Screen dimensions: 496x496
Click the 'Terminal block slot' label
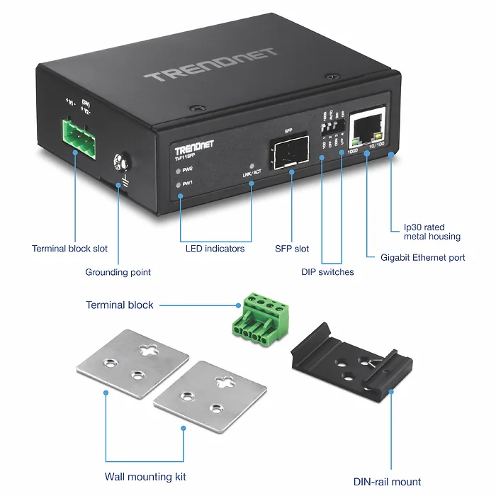69,249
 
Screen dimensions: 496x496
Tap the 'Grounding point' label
118,272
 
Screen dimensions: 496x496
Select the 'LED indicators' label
215,249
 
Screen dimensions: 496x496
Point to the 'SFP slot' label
292,249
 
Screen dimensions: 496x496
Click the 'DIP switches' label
327,271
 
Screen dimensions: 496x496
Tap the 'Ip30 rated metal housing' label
432,232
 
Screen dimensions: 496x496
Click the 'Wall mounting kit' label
145,477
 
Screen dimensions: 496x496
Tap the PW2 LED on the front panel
179,170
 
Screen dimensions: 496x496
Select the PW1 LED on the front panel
179,184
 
